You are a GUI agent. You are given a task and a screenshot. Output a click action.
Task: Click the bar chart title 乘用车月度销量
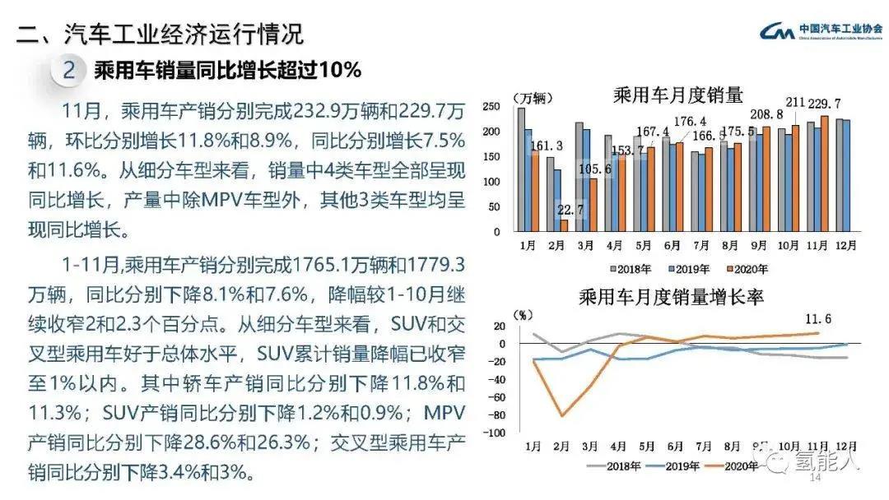point(678,94)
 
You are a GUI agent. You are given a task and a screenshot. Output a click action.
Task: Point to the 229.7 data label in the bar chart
point(824,104)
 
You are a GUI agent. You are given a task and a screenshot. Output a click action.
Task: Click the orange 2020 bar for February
point(564,225)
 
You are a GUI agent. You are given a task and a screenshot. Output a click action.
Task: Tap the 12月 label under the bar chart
point(845,245)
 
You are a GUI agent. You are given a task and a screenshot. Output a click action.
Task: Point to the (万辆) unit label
point(528,99)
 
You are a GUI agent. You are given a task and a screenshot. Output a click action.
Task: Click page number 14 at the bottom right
point(817,479)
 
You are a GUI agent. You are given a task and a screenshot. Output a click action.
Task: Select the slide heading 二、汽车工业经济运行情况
point(161,34)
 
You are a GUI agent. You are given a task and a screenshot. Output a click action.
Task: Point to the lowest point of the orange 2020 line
point(562,415)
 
